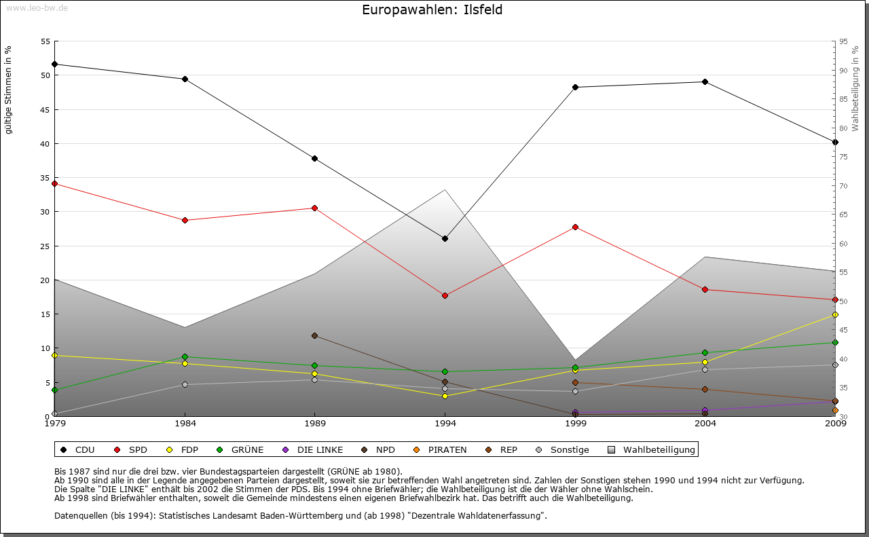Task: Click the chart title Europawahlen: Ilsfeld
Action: (x=432, y=10)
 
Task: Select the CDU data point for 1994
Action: (x=445, y=238)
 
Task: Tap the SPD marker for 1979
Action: (x=54, y=183)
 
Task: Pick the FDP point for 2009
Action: (x=835, y=314)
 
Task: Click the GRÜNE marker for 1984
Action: (x=185, y=356)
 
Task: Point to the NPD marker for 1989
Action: (x=314, y=335)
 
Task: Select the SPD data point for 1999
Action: (x=575, y=227)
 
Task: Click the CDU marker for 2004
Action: (x=705, y=81)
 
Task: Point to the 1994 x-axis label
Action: (x=445, y=424)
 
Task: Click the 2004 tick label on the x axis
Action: (x=705, y=424)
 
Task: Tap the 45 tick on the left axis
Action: (x=45, y=109)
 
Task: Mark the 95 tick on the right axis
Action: (x=843, y=41)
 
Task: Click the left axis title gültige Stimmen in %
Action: (x=8, y=90)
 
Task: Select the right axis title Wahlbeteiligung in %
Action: (x=855, y=89)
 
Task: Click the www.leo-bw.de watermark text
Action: (x=37, y=7)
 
